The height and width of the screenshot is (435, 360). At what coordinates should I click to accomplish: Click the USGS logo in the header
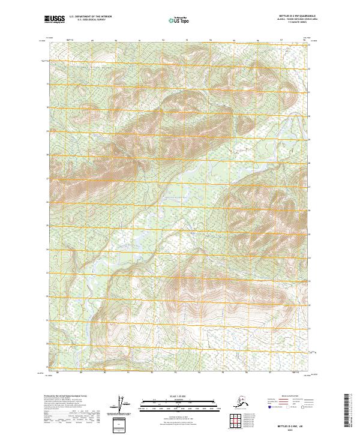coord(55,20)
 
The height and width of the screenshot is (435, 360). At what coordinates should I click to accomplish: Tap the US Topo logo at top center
coord(181,20)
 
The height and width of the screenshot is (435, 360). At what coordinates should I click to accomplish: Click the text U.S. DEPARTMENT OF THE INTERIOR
coord(90,17)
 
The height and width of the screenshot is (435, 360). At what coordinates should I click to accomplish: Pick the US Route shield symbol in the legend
coord(287,407)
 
